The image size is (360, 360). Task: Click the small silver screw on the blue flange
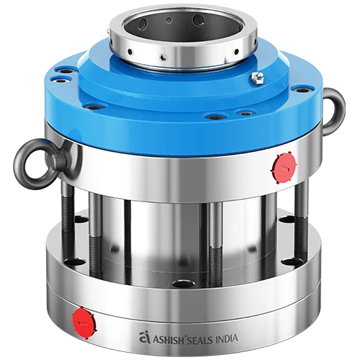pos(257,77)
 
